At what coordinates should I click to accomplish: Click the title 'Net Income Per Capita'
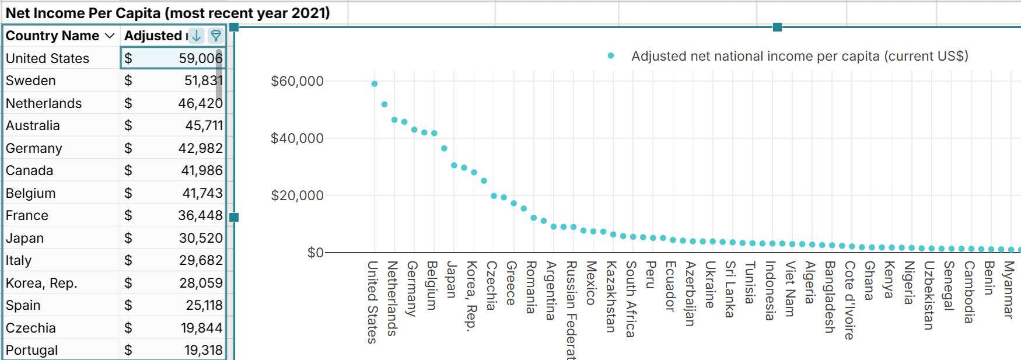167,13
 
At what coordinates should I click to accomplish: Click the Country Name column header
53,36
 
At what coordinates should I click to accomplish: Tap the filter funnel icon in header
216,36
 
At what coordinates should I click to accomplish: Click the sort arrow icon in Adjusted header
197,36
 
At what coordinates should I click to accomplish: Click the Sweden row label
31,81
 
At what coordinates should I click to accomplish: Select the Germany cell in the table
34,148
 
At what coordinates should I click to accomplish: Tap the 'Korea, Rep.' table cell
41,283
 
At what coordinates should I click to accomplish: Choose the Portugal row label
32,350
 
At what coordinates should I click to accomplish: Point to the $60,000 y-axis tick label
297,81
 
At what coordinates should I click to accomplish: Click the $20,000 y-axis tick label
297,195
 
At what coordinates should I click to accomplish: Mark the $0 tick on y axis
315,253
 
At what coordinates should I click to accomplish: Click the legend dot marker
611,56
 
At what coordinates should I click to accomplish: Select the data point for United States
375,84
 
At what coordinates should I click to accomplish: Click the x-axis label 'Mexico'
590,282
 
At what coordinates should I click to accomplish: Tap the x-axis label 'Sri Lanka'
730,289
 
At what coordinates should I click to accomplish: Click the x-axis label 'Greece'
511,282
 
